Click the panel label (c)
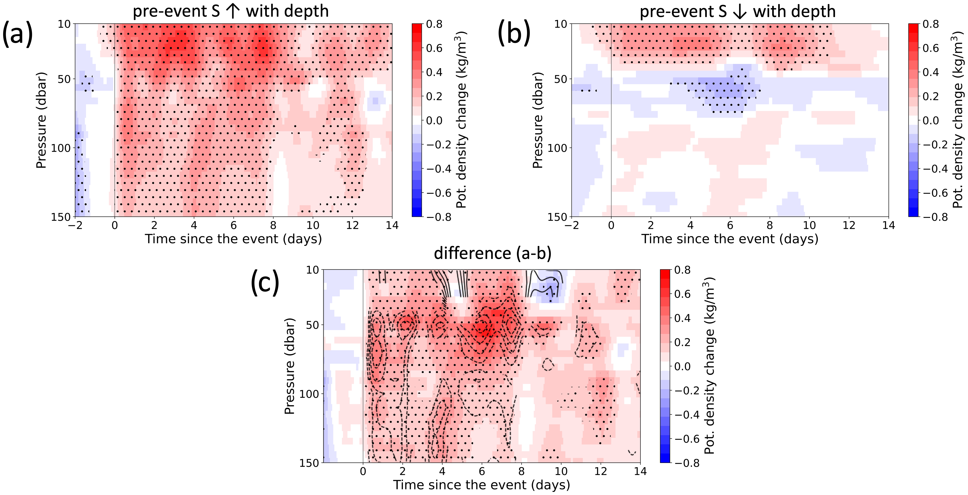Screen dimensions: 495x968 (265, 283)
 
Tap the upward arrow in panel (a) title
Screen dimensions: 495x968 (233, 11)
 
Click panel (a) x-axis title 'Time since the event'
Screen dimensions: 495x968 (233, 239)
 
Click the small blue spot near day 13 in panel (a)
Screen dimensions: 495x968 (375, 101)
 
